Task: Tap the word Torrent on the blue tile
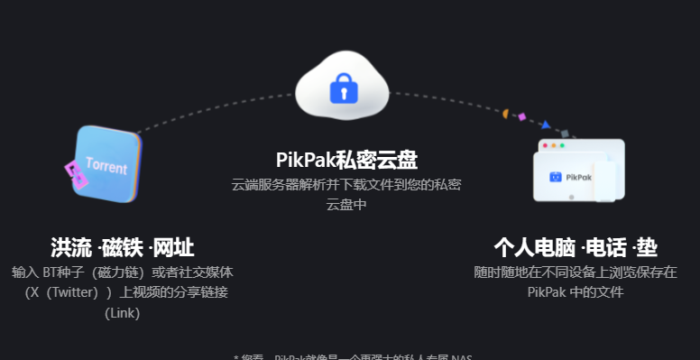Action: (x=106, y=167)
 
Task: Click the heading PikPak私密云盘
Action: (x=346, y=160)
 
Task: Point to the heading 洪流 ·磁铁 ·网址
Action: (x=122, y=247)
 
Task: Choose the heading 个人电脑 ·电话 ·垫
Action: (x=576, y=247)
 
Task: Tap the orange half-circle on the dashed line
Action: (x=506, y=115)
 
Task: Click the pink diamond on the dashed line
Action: (x=523, y=115)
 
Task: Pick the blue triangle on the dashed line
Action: (x=545, y=124)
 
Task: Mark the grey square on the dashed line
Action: (x=565, y=133)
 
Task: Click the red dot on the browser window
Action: (x=545, y=145)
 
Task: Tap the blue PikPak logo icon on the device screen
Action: (x=556, y=177)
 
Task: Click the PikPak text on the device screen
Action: (x=579, y=178)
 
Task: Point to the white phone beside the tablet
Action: (x=603, y=180)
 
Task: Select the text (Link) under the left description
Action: (x=122, y=312)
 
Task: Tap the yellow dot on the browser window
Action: (x=553, y=145)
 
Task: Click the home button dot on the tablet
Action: (x=570, y=197)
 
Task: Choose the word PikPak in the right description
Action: (x=547, y=291)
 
